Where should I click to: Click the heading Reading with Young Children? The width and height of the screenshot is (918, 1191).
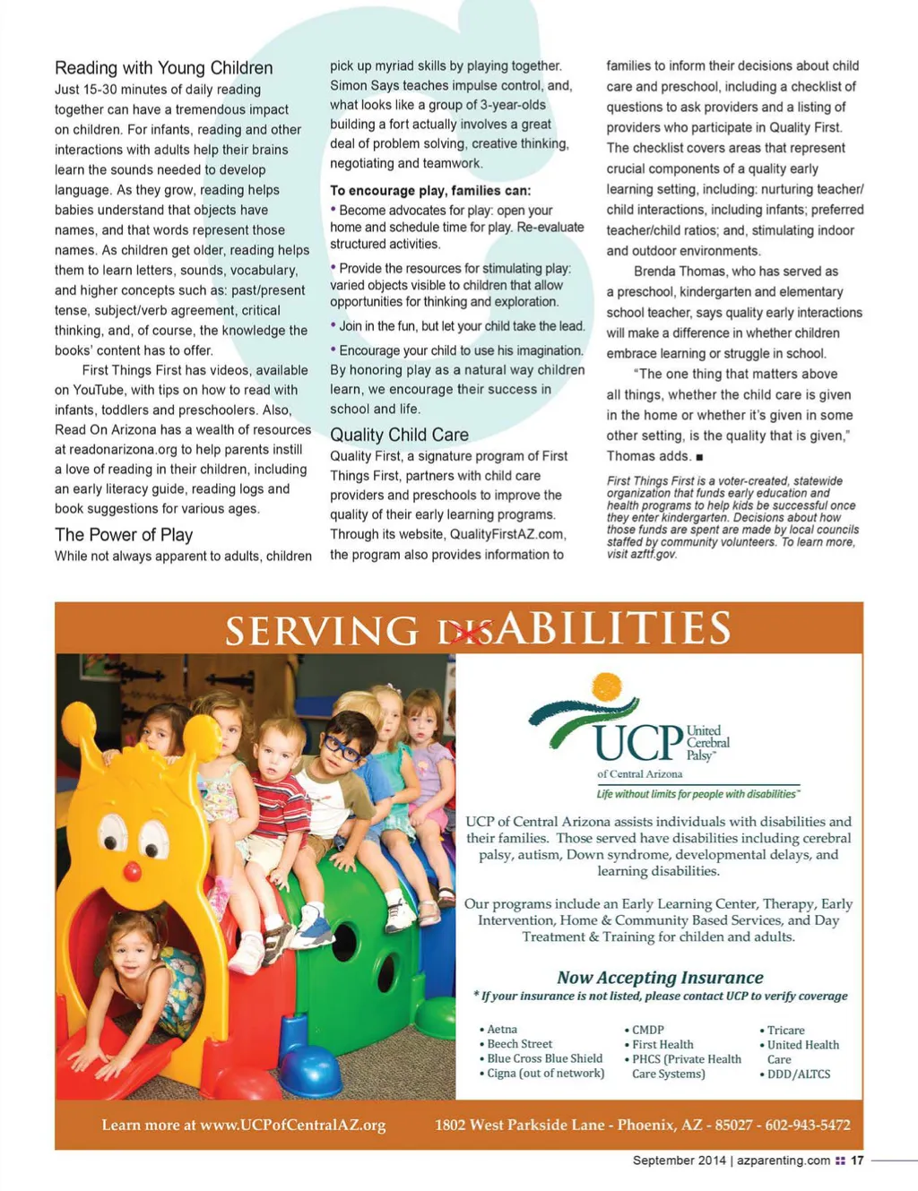click(163, 68)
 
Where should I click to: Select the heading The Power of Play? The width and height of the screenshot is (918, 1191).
click(124, 535)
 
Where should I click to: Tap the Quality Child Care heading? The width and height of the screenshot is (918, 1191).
click(399, 435)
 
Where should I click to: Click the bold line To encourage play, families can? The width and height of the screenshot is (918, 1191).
click(430, 190)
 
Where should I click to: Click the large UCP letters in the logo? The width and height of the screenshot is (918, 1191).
click(638, 743)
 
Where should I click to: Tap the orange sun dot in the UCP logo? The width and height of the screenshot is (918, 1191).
click(607, 686)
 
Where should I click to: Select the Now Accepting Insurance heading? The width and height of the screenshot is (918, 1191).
click(660, 977)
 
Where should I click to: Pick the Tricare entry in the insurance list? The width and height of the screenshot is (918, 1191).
click(785, 1031)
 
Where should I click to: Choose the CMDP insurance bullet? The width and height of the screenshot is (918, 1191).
click(647, 1031)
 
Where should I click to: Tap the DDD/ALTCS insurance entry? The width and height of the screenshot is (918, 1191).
click(798, 1074)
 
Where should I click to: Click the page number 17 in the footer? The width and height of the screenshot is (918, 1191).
click(857, 1160)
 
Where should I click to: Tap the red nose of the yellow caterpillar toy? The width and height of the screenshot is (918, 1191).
click(133, 871)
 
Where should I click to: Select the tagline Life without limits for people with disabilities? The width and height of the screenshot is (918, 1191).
click(696, 794)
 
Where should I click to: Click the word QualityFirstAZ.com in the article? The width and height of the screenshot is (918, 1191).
click(507, 534)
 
